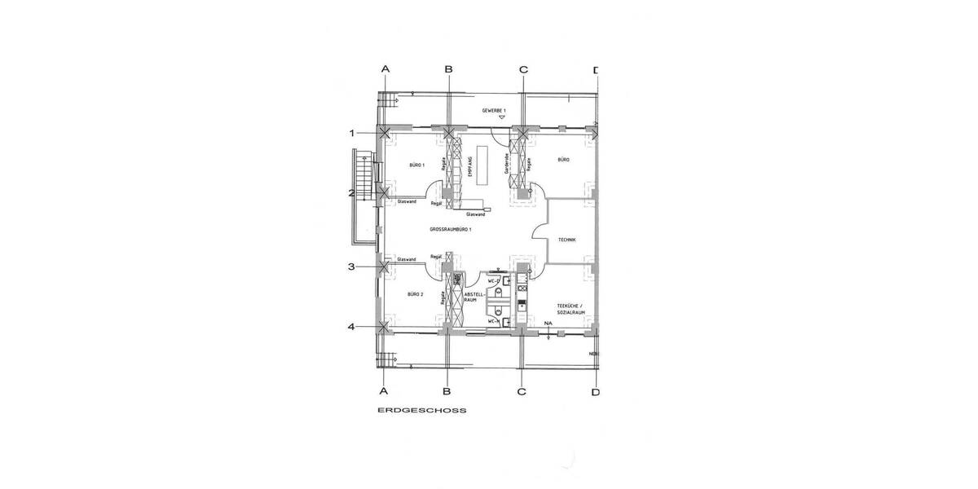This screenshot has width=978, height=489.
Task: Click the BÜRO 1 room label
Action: [416, 165]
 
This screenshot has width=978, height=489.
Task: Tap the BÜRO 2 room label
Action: [416, 293]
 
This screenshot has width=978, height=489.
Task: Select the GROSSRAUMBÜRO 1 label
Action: [452, 231]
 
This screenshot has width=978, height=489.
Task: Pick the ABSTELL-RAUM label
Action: [474, 297]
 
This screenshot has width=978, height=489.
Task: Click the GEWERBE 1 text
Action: [494, 109]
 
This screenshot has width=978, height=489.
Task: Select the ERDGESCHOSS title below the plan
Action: [422, 412]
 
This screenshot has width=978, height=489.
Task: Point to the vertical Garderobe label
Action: [507, 165]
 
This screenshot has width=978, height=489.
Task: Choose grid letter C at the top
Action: [522, 70]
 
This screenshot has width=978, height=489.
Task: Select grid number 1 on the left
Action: [352, 133]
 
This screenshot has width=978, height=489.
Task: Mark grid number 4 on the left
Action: [352, 327]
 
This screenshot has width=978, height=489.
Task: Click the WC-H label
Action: [493, 322]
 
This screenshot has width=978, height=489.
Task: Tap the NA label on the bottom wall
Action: [548, 324]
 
